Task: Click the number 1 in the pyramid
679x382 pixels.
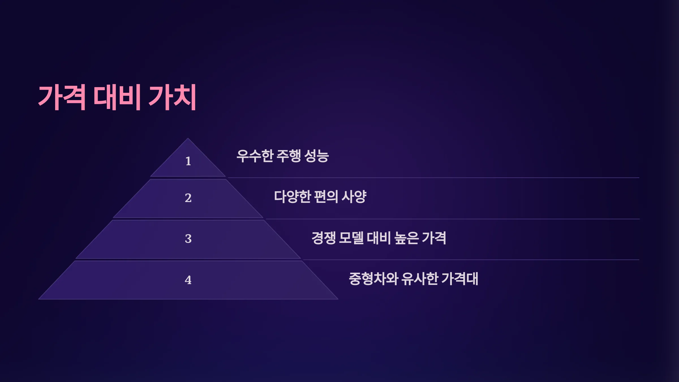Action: coord(188,161)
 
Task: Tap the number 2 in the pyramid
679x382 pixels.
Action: coord(188,198)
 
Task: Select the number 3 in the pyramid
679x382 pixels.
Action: coord(188,239)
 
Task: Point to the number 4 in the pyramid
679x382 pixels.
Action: coord(188,280)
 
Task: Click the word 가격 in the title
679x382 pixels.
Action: coord(62,97)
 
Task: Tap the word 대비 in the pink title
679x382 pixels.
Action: coord(117,97)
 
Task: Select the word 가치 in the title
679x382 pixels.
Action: coord(172,97)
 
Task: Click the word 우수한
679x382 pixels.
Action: coord(255,156)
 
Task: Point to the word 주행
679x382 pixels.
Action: coord(289,156)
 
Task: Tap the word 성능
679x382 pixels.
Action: coord(317,156)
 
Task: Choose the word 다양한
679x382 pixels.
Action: coord(293,197)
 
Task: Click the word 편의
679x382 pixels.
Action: coord(326,197)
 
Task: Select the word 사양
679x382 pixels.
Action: coord(354,197)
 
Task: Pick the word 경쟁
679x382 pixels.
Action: coord(324,238)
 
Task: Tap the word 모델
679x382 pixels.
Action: coord(351,238)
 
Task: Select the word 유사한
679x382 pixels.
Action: coord(420,279)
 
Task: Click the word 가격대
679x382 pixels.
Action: coord(460,279)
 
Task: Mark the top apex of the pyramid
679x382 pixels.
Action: coord(188,138)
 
